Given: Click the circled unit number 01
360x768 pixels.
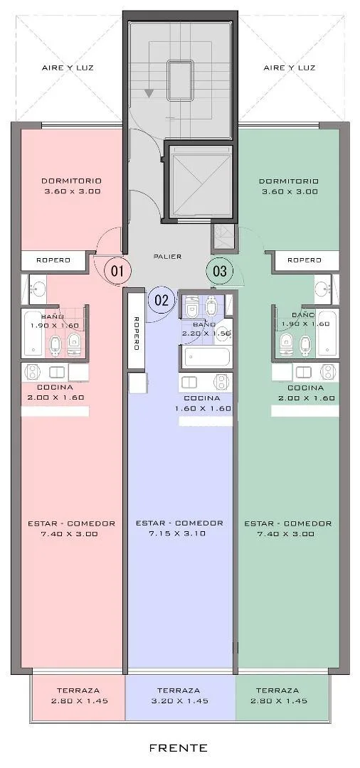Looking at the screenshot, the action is tap(117, 270).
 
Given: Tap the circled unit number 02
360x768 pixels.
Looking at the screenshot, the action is tap(162, 300).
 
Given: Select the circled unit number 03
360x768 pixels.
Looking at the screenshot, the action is tap(219, 270).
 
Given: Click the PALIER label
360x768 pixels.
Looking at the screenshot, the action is tap(167, 256).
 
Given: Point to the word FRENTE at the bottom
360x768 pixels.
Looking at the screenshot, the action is tap(179, 748).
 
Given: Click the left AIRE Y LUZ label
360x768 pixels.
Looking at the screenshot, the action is tap(68, 68).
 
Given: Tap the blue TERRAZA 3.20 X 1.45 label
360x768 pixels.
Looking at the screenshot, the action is tap(179, 695).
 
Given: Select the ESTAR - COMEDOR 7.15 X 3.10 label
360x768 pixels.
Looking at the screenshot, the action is tap(179, 528).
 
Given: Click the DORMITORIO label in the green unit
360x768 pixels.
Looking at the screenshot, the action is tap(289, 186).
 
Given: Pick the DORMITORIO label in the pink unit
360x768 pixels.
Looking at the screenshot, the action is tap(72, 186).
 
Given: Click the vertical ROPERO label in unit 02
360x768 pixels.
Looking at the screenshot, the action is tap(137, 333).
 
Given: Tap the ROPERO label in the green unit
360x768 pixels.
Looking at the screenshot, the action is tap(305, 260).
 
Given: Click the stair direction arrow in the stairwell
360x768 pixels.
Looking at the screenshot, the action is tap(149, 93).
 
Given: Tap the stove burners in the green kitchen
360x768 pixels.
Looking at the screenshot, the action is tap(328, 372).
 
